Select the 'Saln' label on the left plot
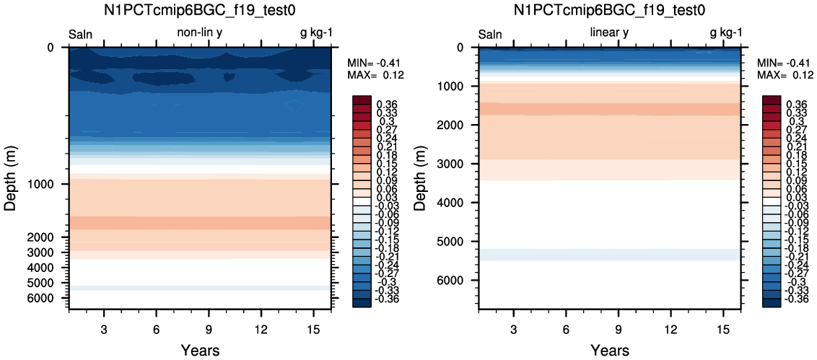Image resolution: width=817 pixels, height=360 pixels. click(x=81, y=35)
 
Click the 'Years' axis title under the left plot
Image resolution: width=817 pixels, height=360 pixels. click(x=200, y=350)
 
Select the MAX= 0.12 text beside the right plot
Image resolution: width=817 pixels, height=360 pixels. click(x=785, y=75)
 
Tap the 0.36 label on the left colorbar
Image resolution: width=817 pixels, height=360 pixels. click(x=386, y=105)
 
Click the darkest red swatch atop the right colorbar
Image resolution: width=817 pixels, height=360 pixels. click(x=771, y=100)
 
